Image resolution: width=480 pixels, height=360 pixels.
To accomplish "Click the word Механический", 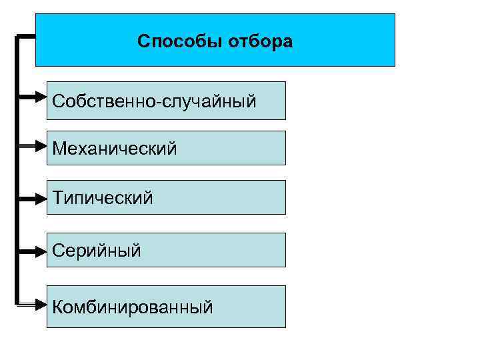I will pyautogui.click(x=115, y=148).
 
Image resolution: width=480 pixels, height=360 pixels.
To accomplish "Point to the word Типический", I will pyautogui.click(x=103, y=197).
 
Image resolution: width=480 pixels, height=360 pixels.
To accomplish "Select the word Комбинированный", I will pyautogui.click(x=133, y=307).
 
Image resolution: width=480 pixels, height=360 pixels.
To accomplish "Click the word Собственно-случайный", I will pyautogui.click(x=154, y=101).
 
